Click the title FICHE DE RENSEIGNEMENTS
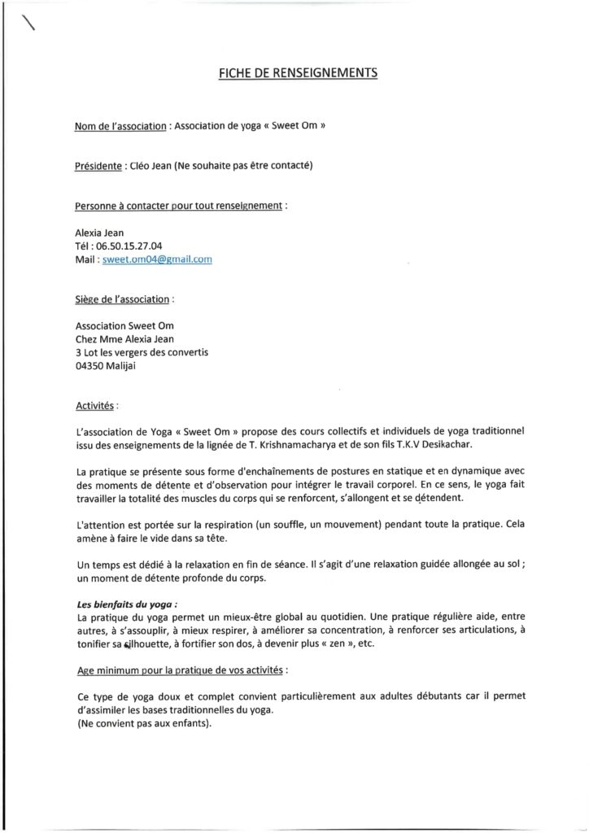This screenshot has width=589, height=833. point(299,73)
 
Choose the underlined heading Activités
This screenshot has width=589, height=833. point(94,403)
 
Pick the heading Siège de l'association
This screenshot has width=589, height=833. point(122,299)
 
